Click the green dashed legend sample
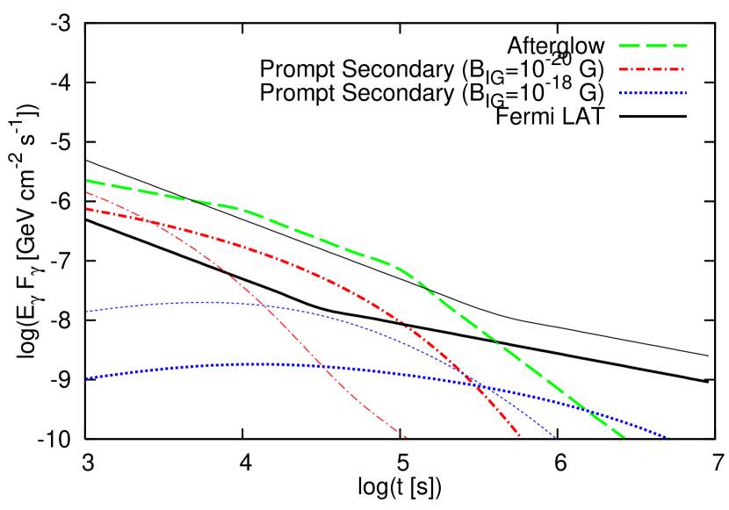click(653, 45)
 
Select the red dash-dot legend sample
click(651, 68)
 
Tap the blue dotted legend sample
click(653, 92)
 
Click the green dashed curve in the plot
click(316, 239)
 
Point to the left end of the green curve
click(87, 181)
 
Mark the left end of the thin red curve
click(87, 192)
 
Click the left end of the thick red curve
click(87, 209)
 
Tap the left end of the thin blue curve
click(87, 312)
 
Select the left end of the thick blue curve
click(87, 378)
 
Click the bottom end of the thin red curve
click(407, 436)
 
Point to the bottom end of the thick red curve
click(521, 436)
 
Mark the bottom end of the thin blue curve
click(556, 436)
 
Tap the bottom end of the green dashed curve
click(624, 436)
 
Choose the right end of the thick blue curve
click(668, 436)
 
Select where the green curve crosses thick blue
click(588, 411)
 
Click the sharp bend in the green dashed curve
click(400, 268)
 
